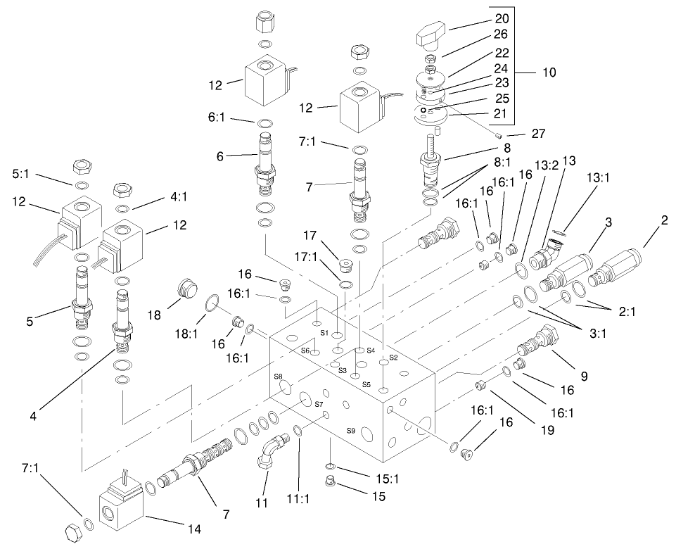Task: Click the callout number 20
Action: click(500, 18)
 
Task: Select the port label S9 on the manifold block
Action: click(350, 430)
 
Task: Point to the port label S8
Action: click(278, 377)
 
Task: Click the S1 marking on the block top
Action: click(324, 331)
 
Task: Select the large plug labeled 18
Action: click(185, 288)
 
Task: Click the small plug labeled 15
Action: click(328, 482)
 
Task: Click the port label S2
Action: click(393, 358)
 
